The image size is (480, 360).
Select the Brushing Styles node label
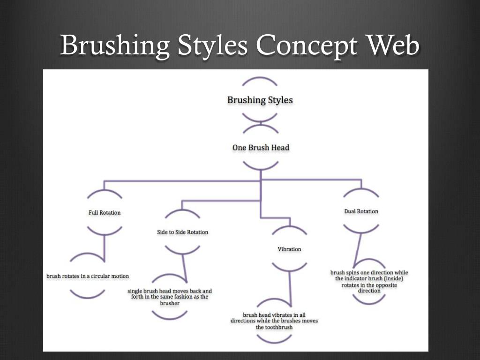[x=260, y=100]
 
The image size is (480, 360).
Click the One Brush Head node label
[x=261, y=148]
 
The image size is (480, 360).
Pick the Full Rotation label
[x=105, y=213]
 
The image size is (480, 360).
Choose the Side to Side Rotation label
[x=182, y=232]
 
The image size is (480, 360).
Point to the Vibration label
[x=289, y=249]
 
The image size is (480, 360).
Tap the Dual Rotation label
[x=361, y=211]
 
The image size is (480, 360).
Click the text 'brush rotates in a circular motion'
[x=88, y=276]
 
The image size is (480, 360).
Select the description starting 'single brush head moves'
[x=170, y=297]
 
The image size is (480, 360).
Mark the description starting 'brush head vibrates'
[x=274, y=321]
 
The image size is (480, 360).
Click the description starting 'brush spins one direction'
[x=369, y=281]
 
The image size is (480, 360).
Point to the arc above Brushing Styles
[x=260, y=81]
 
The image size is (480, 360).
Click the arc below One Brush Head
[x=261, y=166]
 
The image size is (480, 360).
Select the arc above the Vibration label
[x=289, y=229]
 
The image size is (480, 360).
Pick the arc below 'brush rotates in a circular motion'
[x=88, y=294]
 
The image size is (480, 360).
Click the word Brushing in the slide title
[x=115, y=46]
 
